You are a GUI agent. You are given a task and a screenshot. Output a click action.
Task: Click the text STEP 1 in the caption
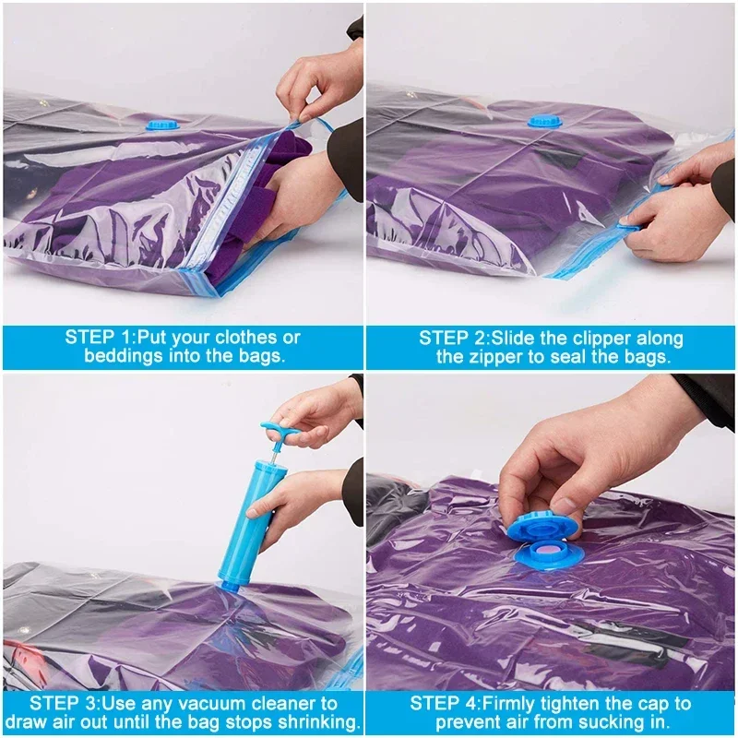98,338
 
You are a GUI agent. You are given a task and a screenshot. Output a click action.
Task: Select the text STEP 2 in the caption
454,338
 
